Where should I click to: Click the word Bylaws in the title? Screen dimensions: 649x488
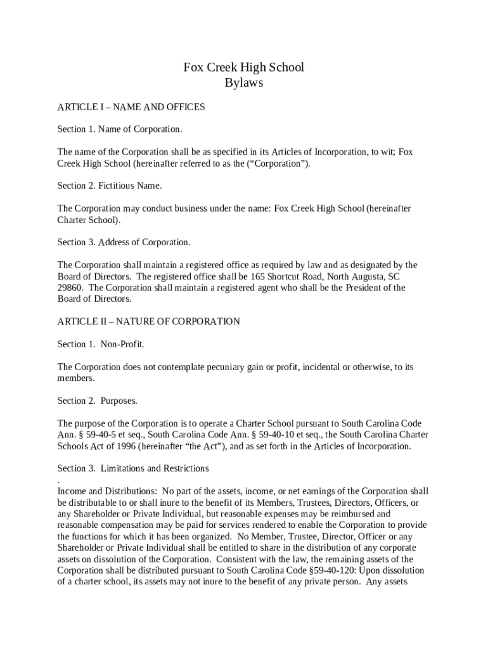(243, 82)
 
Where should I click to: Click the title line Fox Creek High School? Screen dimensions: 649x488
(243, 67)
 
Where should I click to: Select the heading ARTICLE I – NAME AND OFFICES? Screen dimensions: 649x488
(131, 107)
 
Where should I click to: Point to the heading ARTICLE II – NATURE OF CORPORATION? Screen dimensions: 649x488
(148, 321)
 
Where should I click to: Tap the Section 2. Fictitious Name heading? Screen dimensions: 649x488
(110, 186)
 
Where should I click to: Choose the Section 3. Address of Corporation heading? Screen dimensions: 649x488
(124, 242)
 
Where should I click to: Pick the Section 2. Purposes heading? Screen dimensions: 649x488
(97, 401)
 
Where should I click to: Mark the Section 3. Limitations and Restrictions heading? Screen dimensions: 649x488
(133, 468)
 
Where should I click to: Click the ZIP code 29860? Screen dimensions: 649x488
(70, 288)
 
